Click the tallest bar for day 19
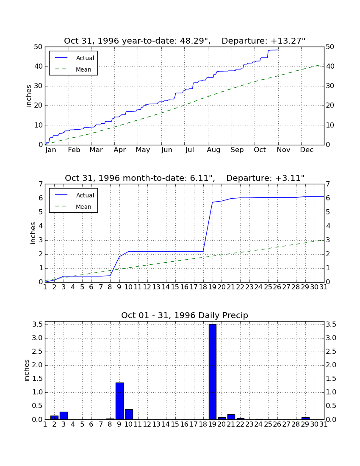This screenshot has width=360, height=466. click(x=212, y=372)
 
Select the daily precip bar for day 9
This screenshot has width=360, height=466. click(x=119, y=401)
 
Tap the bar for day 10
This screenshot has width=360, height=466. click(x=129, y=415)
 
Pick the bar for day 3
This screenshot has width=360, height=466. click(x=64, y=416)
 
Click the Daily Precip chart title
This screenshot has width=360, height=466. click(x=185, y=315)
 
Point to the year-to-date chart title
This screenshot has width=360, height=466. click(x=185, y=41)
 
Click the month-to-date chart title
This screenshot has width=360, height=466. click(x=185, y=178)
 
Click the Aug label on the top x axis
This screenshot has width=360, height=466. click(x=213, y=150)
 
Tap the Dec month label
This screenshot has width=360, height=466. click(x=307, y=150)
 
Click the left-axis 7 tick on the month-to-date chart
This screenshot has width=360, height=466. click(x=41, y=184)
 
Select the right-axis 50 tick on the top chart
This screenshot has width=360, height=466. click(x=330, y=47)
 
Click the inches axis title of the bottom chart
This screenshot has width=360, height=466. click(x=26, y=371)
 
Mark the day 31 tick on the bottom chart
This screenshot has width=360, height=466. click(x=324, y=424)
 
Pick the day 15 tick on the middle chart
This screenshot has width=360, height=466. click(x=175, y=287)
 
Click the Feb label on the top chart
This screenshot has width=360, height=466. click(x=74, y=150)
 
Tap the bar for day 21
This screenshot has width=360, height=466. click(x=231, y=417)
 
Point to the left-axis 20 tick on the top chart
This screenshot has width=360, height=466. click(x=39, y=105)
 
